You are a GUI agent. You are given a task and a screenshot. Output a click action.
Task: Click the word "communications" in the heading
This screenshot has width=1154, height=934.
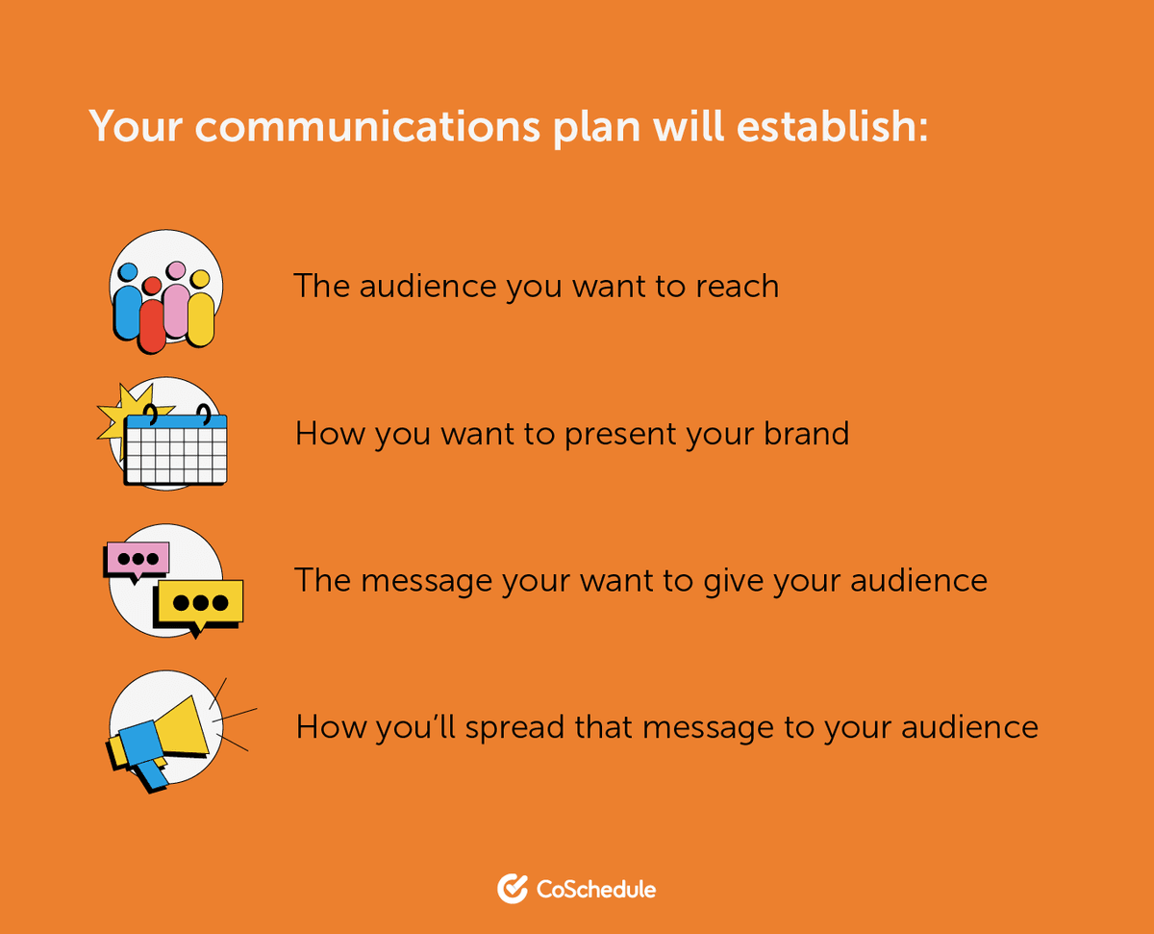[x=368, y=126]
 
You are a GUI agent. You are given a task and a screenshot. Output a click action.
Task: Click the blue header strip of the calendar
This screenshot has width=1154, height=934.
[x=177, y=421]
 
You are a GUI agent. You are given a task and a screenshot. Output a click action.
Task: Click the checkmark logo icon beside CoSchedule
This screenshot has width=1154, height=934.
[x=512, y=888]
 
